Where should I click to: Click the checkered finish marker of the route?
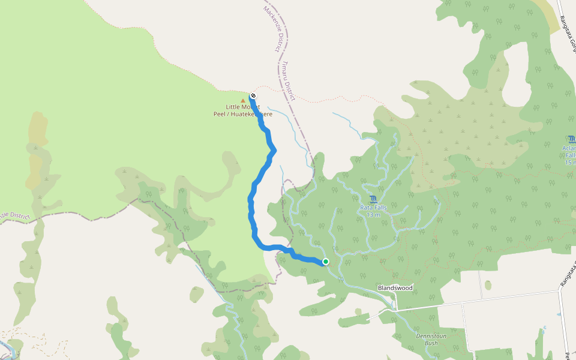(x=253, y=95)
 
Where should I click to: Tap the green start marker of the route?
(x=325, y=262)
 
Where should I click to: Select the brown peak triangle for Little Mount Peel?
(x=242, y=100)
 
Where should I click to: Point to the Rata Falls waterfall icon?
(x=373, y=199)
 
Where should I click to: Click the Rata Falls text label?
(x=373, y=208)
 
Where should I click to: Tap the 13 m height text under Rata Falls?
(x=373, y=215)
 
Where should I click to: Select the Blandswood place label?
(x=395, y=288)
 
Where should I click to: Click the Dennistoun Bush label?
(x=435, y=340)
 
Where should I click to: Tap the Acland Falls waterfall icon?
(x=571, y=139)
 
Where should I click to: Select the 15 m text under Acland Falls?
(x=570, y=162)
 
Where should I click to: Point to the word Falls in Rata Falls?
(x=380, y=208)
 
